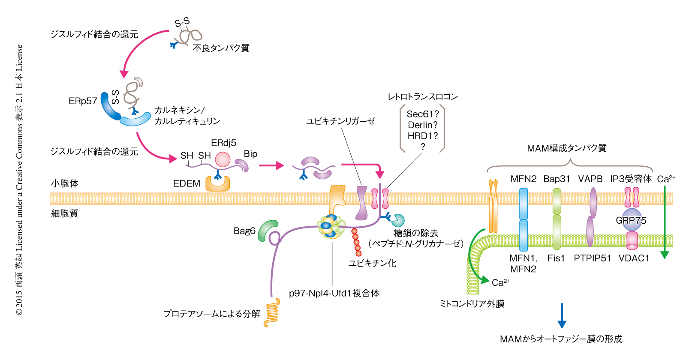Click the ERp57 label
pos(83,101)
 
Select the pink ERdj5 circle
pos(223,159)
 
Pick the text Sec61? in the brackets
pos(423,114)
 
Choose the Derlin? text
pos(423,125)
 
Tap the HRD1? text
pos(423,136)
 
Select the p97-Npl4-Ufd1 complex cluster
pos(331,226)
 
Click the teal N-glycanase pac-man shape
pos(398,220)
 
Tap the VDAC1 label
pos(634,258)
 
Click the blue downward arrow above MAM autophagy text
pos(562,316)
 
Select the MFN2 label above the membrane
pos(523,179)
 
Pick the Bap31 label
pos(557,179)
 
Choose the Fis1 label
pos(556,258)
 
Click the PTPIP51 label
pos(592,258)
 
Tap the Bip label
pos(250,154)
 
